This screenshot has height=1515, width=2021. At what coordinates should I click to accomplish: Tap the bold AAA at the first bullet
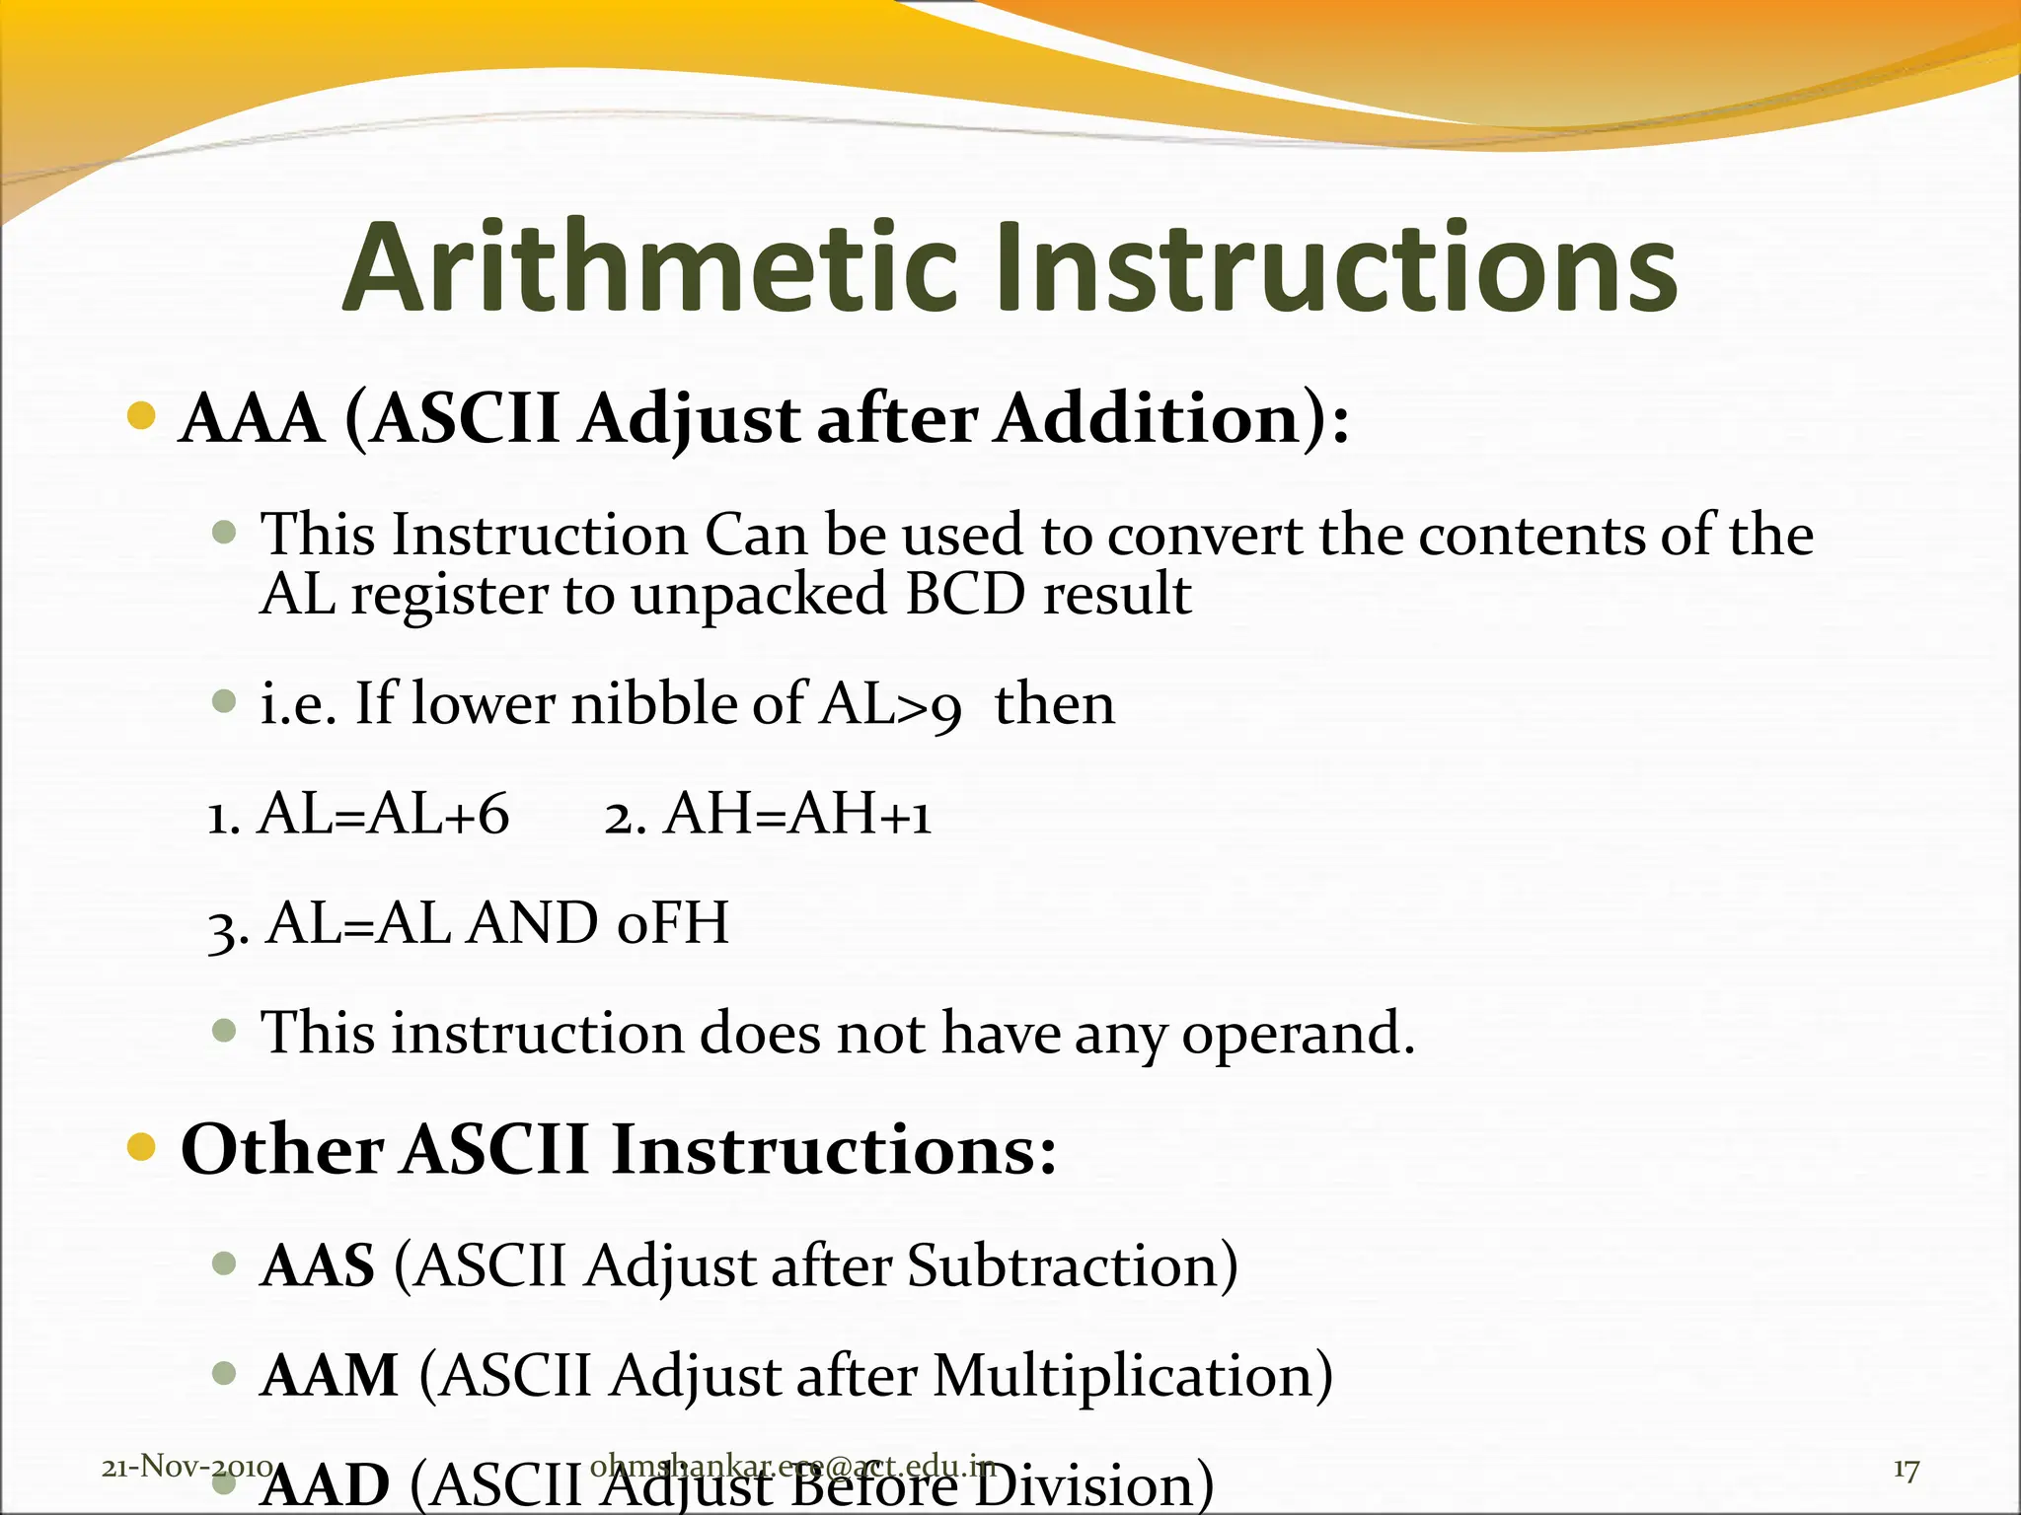click(x=253, y=419)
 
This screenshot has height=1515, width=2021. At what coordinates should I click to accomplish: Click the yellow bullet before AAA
click(x=142, y=416)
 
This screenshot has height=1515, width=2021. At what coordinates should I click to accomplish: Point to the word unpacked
click(x=759, y=595)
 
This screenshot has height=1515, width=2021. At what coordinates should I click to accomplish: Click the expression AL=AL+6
click(x=383, y=816)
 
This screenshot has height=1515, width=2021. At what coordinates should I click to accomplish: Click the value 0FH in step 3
click(x=672, y=924)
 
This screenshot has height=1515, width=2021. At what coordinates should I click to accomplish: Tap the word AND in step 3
click(x=533, y=924)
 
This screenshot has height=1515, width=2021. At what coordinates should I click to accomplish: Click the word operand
click(x=1298, y=1036)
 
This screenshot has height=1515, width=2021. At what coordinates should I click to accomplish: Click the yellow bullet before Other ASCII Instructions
click(x=142, y=1147)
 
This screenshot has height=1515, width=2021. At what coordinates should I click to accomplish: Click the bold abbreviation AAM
click(x=329, y=1376)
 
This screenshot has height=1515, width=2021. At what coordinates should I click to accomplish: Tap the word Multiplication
click(x=1132, y=1376)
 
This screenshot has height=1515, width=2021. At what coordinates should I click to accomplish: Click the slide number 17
click(x=1906, y=1470)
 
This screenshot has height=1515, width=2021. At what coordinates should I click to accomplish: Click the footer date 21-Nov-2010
click(x=187, y=1467)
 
